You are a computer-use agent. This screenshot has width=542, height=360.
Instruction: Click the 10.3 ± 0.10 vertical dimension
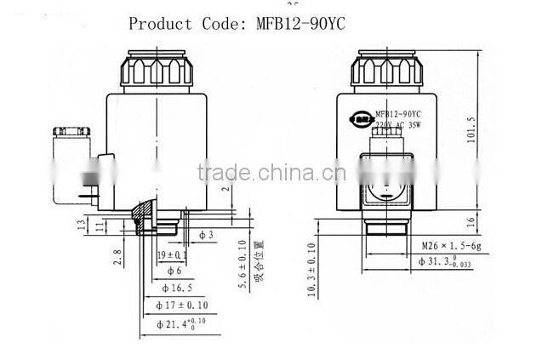coord(311,270)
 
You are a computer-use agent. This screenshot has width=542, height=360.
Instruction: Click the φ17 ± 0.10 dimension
coord(182,305)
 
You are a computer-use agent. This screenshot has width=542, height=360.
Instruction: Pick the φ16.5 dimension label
coord(175,289)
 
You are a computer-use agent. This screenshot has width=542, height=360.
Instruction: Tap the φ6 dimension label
coord(169,270)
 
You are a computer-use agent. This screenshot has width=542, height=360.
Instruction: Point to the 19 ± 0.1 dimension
coord(173,254)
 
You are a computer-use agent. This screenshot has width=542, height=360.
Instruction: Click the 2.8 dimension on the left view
coord(118,254)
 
